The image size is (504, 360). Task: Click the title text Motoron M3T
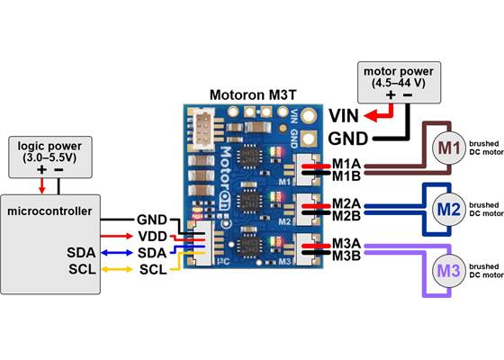(x=252, y=93)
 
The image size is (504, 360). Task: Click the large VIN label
(x=346, y=115)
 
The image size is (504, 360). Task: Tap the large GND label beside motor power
(x=348, y=139)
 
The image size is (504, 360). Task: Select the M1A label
(x=347, y=164)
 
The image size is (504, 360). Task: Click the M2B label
(x=347, y=216)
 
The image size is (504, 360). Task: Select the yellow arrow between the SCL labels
(x=116, y=268)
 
